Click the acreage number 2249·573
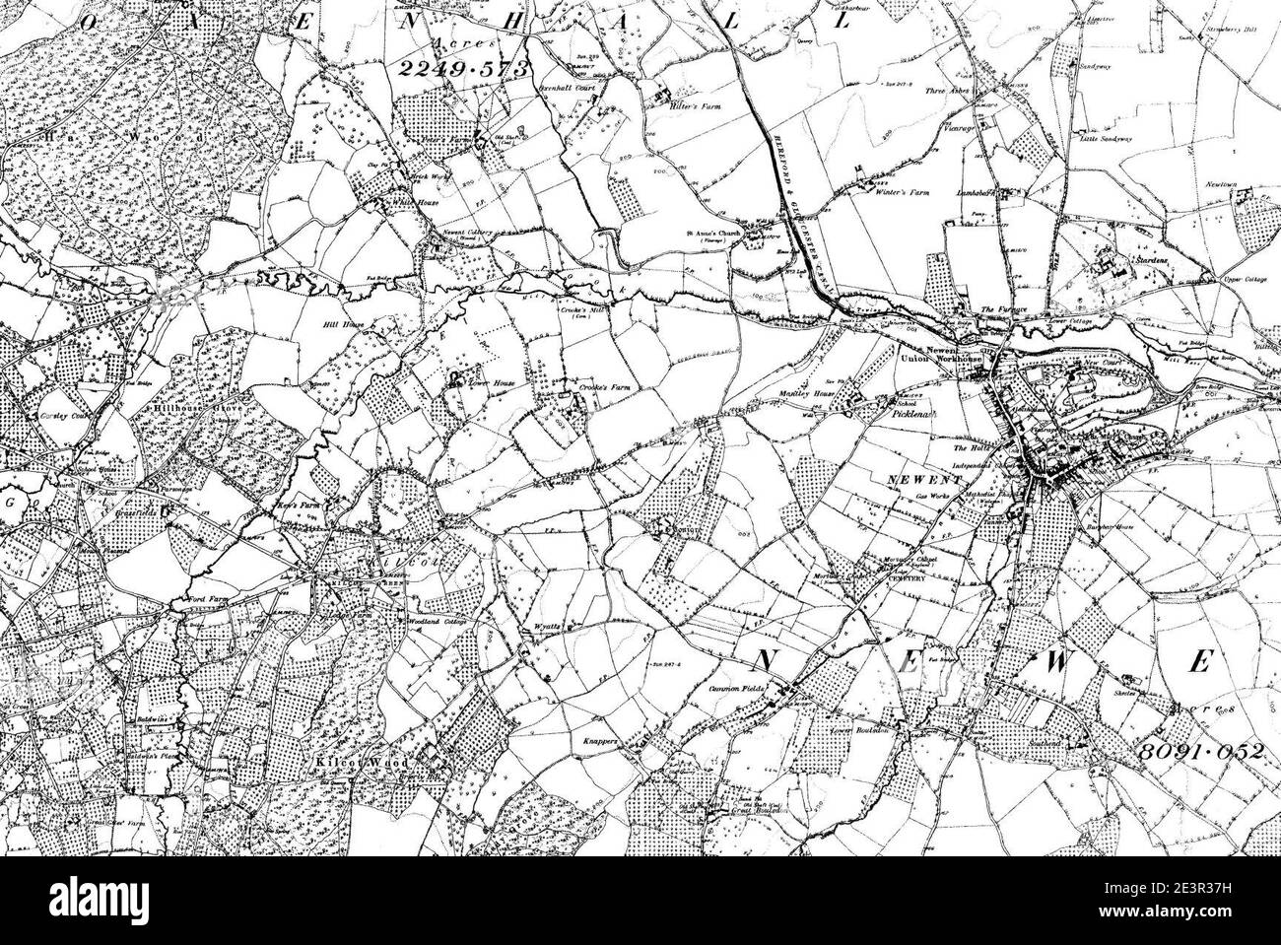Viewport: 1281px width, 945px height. click(463, 67)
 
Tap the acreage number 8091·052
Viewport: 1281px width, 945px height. click(1199, 751)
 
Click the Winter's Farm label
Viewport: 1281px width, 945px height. click(904, 192)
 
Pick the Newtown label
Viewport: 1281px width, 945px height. click(1244, 185)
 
